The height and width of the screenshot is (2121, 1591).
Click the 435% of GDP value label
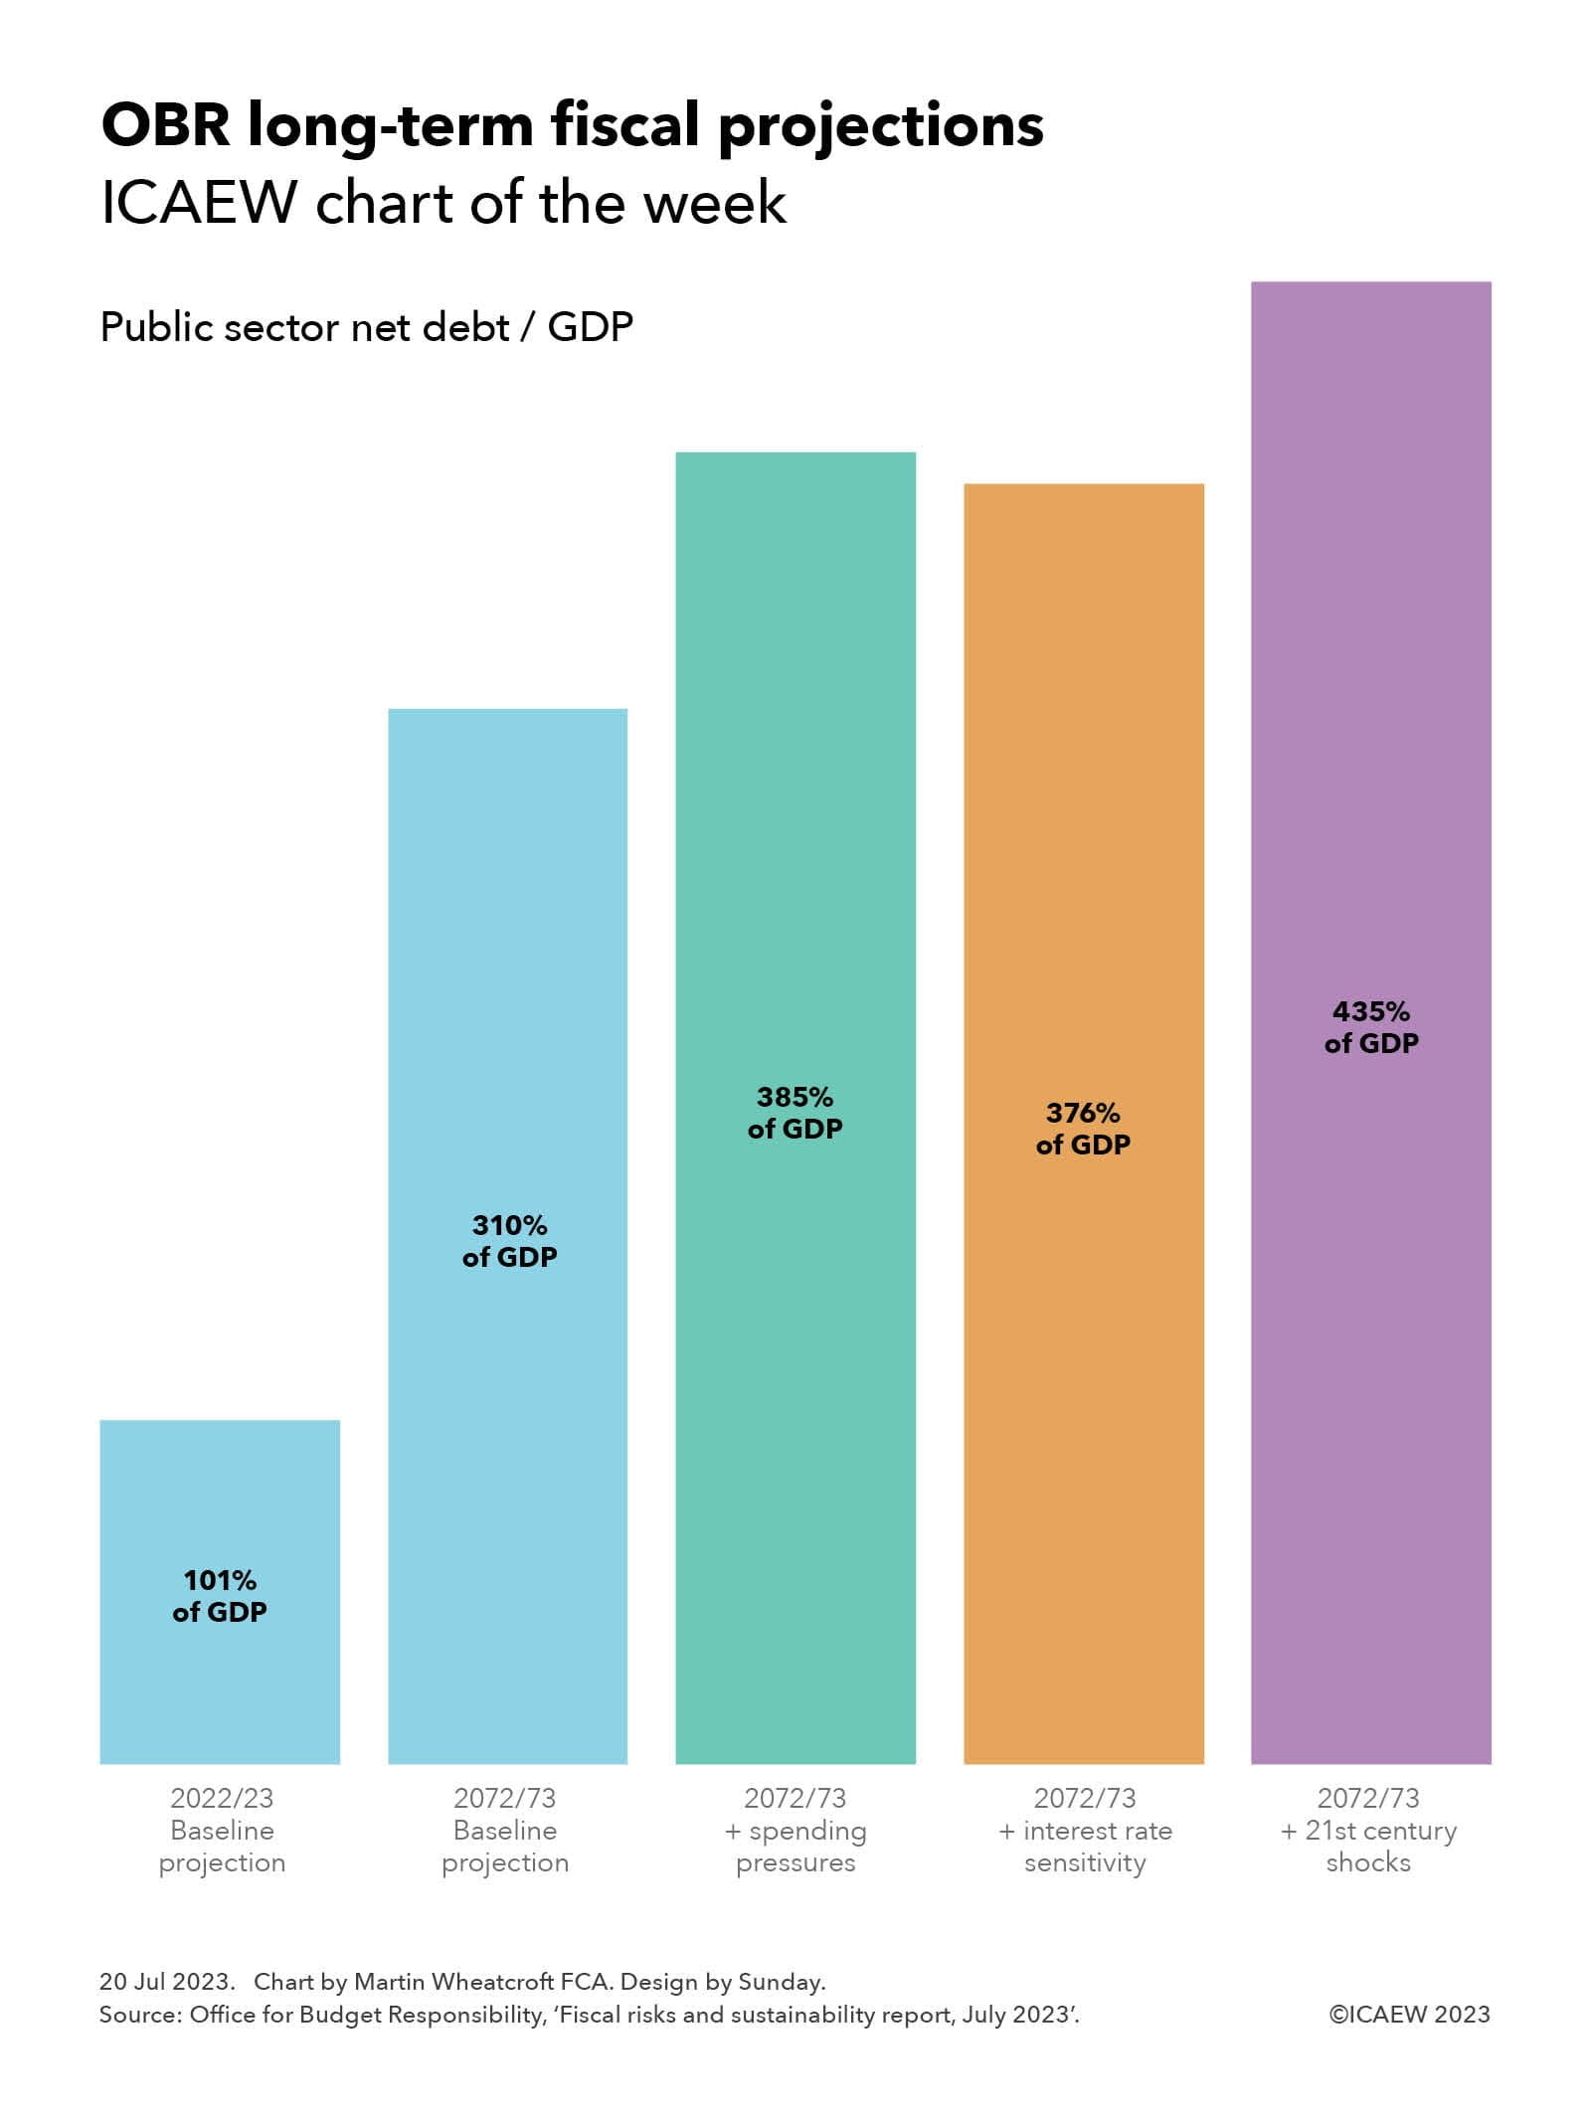tap(1370, 1027)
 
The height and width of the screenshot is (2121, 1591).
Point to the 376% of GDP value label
tap(1083, 1129)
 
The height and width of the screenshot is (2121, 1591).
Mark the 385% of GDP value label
tap(795, 1113)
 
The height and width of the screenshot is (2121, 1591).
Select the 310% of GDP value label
tap(509, 1241)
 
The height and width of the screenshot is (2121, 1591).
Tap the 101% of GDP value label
tap(220, 1596)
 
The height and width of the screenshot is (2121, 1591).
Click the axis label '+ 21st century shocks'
tap(1368, 1830)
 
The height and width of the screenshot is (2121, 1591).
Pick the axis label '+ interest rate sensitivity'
tap(1085, 1830)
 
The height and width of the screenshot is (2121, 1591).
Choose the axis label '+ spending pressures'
tap(795, 1830)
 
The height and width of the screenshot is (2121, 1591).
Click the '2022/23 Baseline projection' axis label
tap(222, 1830)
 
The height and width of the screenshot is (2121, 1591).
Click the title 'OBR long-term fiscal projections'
tap(572, 125)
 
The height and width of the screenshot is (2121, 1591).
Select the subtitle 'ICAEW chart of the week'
tap(443, 204)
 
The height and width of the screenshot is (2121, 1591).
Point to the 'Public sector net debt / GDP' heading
tap(366, 327)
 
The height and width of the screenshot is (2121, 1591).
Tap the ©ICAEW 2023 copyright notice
tap(1409, 2015)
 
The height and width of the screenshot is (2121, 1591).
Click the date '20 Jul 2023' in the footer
tap(166, 1982)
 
